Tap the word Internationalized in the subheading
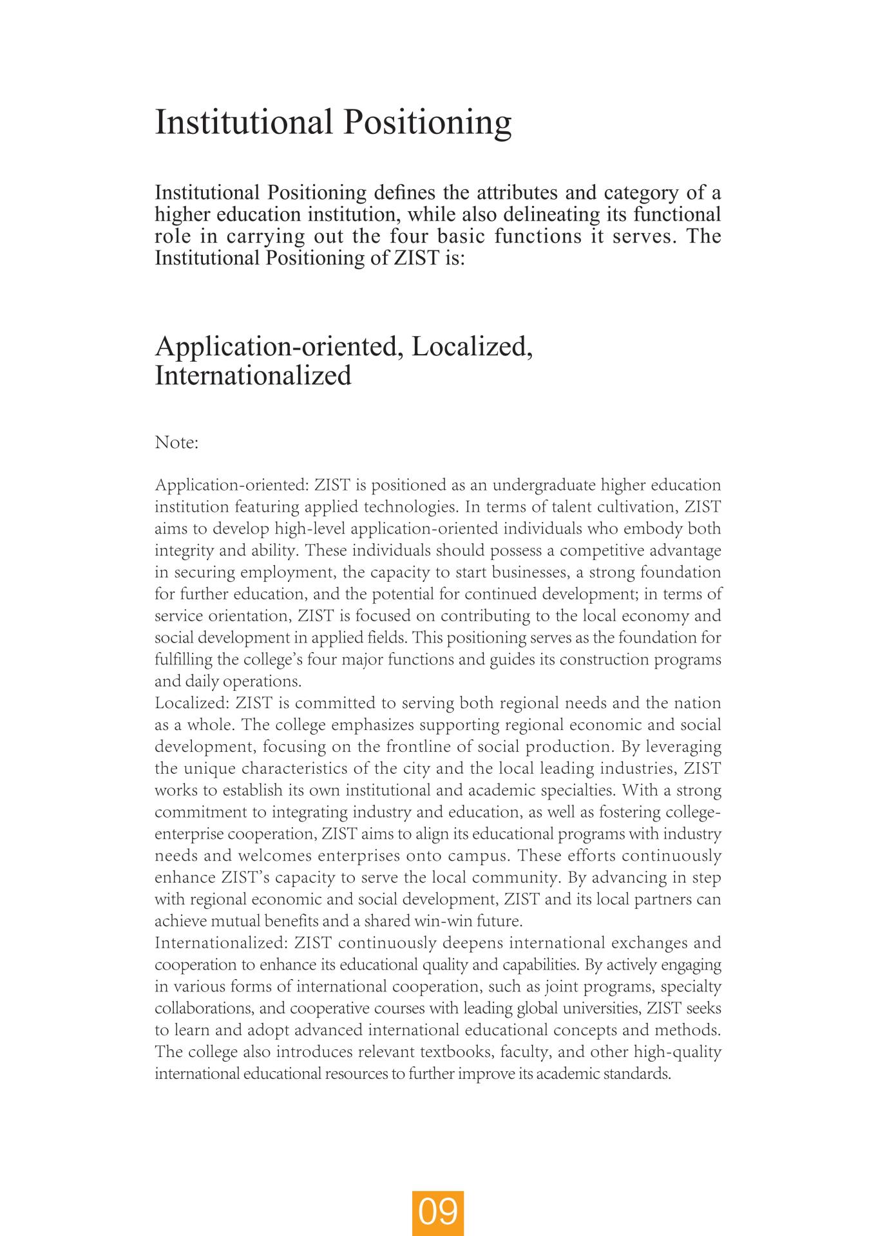[x=252, y=375]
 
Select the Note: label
[x=176, y=443]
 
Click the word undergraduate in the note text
[x=544, y=485]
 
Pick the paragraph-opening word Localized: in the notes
[x=192, y=703]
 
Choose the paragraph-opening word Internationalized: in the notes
[x=221, y=943]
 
